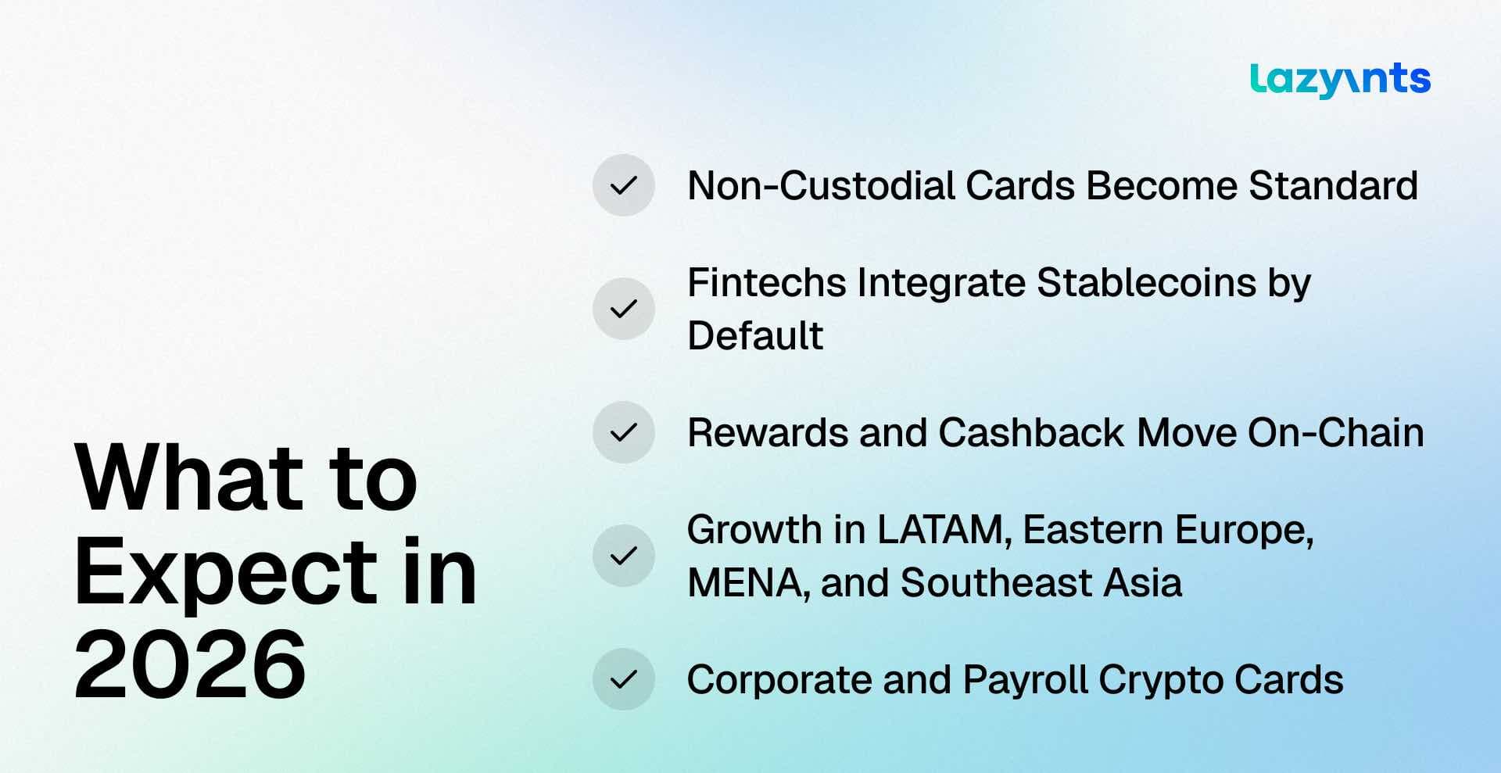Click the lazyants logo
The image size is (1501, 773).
pyautogui.click(x=1340, y=80)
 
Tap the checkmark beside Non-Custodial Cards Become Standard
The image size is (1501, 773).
pyautogui.click(x=623, y=185)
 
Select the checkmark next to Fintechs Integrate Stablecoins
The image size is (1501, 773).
pyautogui.click(x=623, y=309)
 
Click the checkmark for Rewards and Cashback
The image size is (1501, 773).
pyautogui.click(x=623, y=432)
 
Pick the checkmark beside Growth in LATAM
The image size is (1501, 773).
pyautogui.click(x=623, y=556)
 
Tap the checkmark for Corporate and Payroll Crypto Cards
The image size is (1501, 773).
pyautogui.click(x=623, y=679)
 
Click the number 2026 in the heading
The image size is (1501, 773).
pyautogui.click(x=190, y=665)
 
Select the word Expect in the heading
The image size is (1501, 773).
pyautogui.click(x=226, y=573)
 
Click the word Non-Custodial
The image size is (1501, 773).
pyautogui.click(x=821, y=186)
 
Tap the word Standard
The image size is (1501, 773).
pyautogui.click(x=1333, y=186)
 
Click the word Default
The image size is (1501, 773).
pyautogui.click(x=755, y=335)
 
